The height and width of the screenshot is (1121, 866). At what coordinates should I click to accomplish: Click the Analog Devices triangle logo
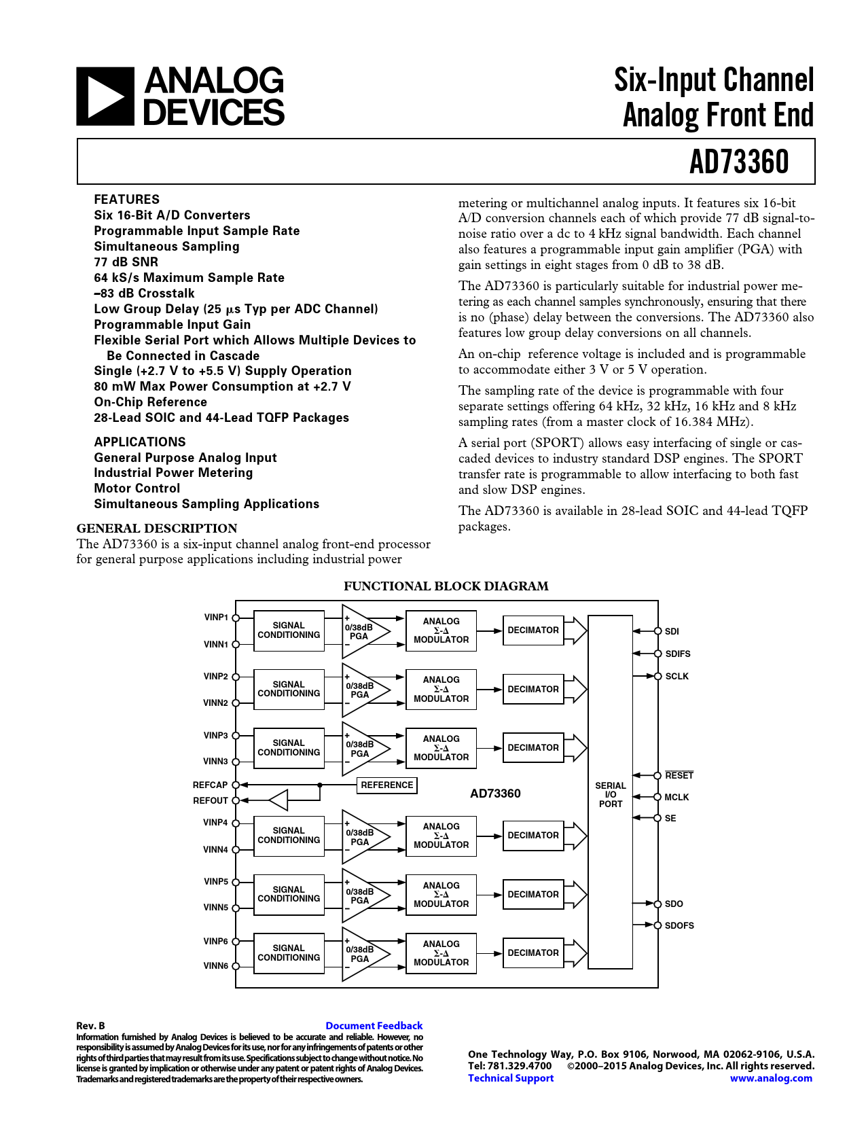[x=105, y=96]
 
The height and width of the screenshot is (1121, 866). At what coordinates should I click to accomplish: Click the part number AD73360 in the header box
[x=739, y=162]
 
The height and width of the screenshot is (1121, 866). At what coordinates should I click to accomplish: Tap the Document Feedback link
[x=374, y=1026]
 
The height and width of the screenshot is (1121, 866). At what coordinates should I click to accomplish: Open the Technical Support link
[x=511, y=1078]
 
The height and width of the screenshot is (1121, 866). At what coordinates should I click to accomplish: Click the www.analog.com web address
[x=771, y=1078]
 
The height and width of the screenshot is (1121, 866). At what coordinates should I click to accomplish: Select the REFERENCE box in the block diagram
[x=387, y=785]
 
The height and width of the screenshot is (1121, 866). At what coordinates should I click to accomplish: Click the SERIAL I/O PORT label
[x=611, y=795]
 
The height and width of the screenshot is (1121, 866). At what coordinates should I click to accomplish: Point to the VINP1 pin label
[x=216, y=618]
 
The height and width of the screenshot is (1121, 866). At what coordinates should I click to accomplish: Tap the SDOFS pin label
[x=679, y=925]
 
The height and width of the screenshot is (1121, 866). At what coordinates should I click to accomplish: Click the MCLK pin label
[x=676, y=798]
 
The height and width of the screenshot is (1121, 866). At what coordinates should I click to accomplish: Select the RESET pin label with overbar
[x=679, y=776]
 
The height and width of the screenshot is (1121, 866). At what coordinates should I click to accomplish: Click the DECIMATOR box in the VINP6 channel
[x=533, y=953]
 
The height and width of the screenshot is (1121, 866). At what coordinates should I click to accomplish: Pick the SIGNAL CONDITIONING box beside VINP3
[x=289, y=748]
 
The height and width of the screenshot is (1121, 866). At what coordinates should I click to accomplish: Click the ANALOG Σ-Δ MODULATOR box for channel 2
[x=441, y=690]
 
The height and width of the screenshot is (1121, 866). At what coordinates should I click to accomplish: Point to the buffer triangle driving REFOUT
[x=280, y=800]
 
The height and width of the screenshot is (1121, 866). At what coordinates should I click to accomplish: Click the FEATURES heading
[x=127, y=199]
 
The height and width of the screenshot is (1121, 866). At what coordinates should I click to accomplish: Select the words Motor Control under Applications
[x=137, y=488]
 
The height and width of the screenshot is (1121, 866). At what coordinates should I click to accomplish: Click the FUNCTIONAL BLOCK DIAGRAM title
[x=446, y=586]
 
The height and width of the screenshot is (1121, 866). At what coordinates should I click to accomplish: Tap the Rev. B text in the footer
[x=90, y=1026]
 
